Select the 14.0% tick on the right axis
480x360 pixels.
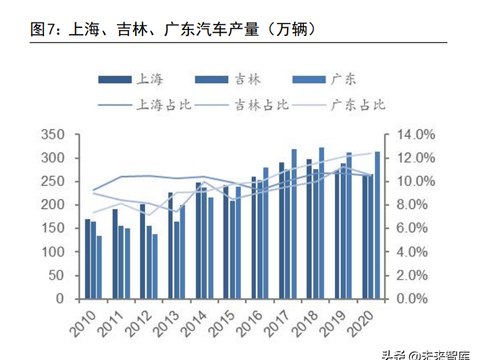point(410,135)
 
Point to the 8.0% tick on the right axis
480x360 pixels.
point(410,205)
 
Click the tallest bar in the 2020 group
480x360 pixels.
point(377,226)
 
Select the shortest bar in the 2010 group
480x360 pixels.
point(99,267)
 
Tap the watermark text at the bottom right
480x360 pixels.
point(425,351)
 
